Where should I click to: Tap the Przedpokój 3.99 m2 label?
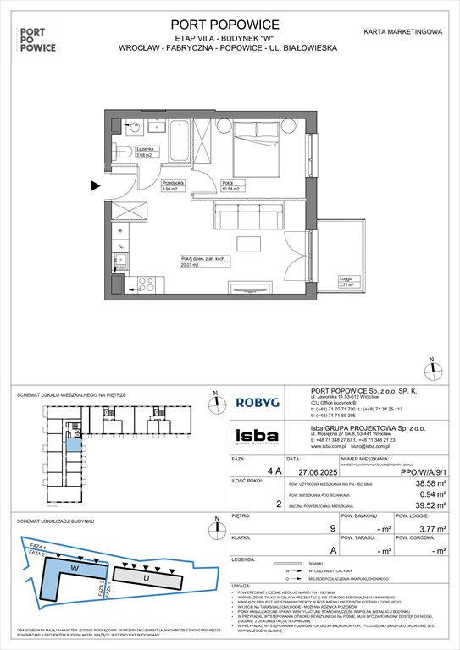(x=173, y=187)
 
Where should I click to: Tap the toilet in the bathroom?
(x=124, y=152)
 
